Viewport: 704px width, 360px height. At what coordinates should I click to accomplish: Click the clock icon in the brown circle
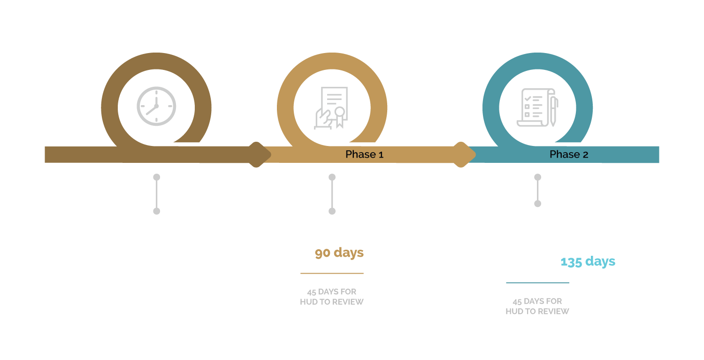pos(156,106)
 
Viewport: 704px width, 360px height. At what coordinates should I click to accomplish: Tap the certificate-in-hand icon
pos(331,108)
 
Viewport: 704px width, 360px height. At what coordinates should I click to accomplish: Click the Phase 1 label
pos(364,154)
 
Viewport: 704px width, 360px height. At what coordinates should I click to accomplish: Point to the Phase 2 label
pos(568,154)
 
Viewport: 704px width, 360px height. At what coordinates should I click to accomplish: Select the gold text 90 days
pos(339,253)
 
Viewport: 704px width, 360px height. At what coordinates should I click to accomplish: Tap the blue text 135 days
pos(588,261)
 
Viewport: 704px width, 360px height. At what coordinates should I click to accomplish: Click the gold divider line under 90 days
pos(332,273)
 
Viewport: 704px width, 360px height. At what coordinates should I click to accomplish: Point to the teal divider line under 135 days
pos(537,283)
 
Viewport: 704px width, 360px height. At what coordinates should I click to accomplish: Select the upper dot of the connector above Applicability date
pos(157,177)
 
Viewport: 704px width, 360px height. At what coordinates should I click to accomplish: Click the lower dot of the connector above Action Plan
pos(332,211)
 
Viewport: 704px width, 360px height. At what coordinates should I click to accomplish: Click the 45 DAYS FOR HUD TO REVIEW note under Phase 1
pos(332,297)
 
